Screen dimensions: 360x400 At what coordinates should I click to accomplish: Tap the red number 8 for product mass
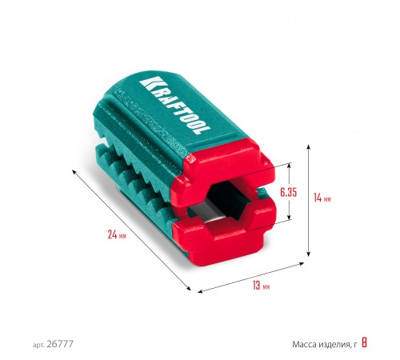365,344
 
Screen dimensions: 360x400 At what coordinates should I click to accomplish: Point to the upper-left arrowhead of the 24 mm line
74,171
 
